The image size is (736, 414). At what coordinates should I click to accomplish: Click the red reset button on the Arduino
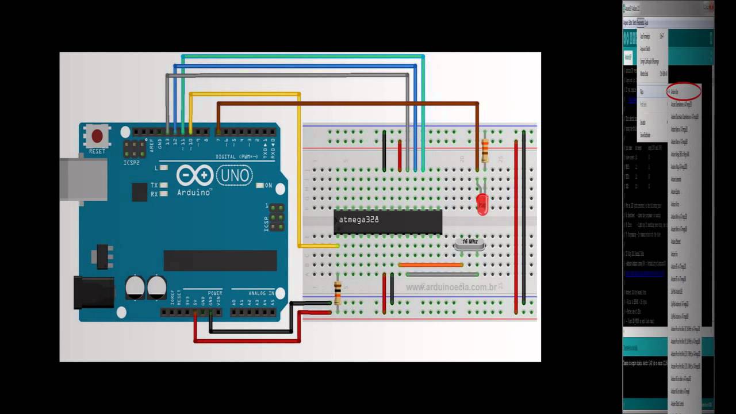(x=97, y=136)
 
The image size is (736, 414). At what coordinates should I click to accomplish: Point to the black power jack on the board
(x=94, y=292)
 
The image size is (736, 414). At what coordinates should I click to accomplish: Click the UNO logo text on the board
(x=234, y=175)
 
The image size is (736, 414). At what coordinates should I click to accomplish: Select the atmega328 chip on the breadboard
(x=388, y=221)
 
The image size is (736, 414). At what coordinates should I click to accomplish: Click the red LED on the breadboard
(x=482, y=204)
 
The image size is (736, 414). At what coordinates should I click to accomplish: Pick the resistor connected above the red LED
(x=485, y=151)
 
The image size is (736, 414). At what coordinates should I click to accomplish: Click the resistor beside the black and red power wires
(x=338, y=292)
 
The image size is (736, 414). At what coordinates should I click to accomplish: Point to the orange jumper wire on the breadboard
(x=431, y=265)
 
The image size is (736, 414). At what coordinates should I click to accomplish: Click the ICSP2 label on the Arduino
(x=131, y=163)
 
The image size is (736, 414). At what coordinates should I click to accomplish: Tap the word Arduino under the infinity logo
(x=194, y=192)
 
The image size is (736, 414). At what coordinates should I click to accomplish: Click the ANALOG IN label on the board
(x=261, y=293)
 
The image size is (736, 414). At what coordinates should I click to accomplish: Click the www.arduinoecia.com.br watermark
(x=451, y=286)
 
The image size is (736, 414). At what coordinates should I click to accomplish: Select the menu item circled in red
(x=683, y=91)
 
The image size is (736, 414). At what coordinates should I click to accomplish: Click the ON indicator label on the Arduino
(x=269, y=185)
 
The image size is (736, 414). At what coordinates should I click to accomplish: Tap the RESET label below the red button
(x=97, y=151)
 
